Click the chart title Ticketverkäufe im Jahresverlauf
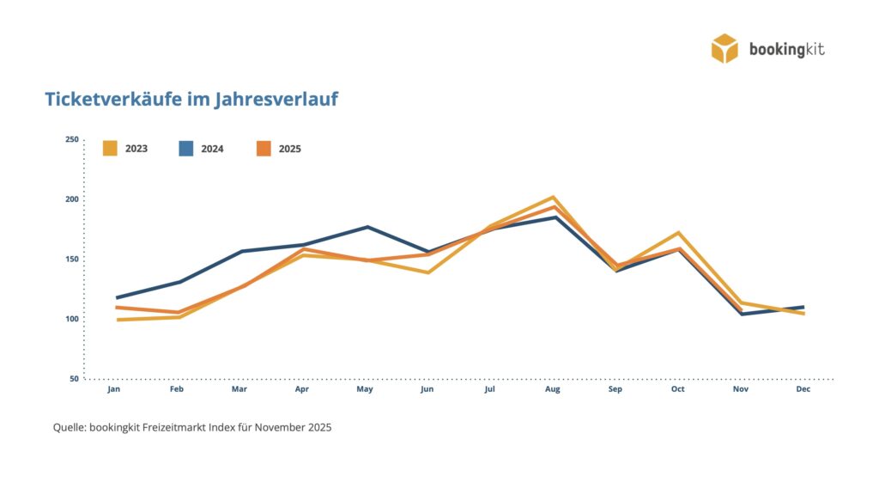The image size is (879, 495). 191,100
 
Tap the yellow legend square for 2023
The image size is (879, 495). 110,148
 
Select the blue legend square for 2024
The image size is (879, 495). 186,148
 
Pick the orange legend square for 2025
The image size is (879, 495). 264,148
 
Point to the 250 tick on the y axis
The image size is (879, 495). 71,139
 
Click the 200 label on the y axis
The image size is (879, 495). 71,199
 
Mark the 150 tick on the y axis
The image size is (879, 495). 71,259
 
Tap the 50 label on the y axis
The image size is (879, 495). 74,378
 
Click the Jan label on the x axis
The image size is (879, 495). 113,389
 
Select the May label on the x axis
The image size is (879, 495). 365,389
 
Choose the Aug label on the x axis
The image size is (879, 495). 553,389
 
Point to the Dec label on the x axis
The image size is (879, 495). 803,389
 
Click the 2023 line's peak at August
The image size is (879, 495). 554,198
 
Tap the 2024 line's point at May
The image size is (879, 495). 367,227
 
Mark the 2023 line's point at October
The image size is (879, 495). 678,233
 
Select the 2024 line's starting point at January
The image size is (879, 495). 117,297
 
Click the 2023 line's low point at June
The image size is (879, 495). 427,272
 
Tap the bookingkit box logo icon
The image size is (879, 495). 724,48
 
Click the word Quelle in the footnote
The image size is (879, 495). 70,427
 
